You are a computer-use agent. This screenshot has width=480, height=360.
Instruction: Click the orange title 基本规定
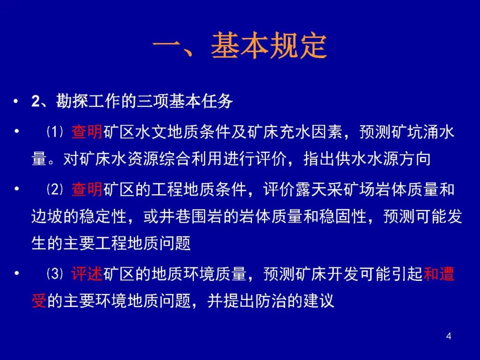click(x=269, y=46)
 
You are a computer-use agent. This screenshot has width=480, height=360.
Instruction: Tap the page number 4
click(x=448, y=336)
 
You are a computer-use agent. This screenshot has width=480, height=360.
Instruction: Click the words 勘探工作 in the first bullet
click(x=88, y=101)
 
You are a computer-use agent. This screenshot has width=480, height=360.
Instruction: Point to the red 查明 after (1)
click(x=87, y=132)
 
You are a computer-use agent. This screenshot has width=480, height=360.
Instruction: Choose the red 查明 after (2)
click(x=87, y=189)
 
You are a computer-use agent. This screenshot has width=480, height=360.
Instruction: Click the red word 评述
click(x=87, y=274)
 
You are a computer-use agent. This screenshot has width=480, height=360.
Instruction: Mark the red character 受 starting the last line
click(x=39, y=300)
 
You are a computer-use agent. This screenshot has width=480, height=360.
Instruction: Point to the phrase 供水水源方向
click(x=383, y=159)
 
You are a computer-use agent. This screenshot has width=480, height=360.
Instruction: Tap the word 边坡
click(x=47, y=216)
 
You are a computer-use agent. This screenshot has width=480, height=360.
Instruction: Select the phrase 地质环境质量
click(x=199, y=274)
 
